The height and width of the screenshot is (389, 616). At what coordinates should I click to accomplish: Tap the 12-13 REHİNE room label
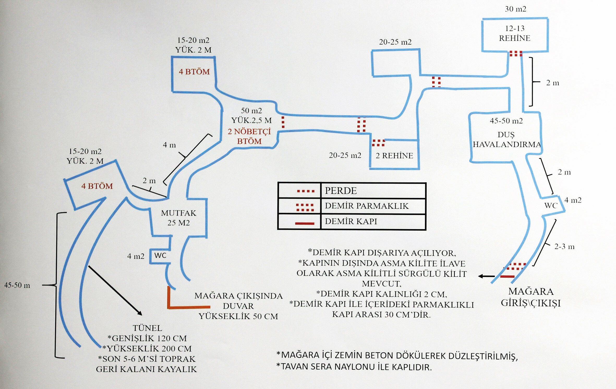tap(515, 33)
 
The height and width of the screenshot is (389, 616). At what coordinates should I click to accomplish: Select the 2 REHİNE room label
tap(394, 155)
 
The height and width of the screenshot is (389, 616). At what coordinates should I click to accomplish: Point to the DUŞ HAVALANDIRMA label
tap(507, 139)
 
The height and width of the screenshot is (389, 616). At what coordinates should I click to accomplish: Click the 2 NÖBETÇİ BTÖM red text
tap(249, 136)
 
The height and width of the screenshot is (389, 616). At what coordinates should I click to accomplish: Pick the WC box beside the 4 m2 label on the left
tap(160, 255)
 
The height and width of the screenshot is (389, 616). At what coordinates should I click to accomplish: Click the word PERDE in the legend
tap(341, 191)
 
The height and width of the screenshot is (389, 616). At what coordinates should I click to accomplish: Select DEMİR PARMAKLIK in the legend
tap(366, 206)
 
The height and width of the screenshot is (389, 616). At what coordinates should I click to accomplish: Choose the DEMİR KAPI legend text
tap(351, 221)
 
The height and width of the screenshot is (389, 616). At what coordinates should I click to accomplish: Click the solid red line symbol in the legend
tap(305, 223)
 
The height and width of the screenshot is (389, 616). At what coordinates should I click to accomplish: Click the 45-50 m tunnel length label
tap(17, 285)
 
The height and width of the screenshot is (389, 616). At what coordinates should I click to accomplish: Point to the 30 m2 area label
tap(516, 9)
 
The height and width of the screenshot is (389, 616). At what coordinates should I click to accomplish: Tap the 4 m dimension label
tap(169, 145)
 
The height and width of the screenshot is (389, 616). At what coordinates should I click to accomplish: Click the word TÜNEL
tap(147, 328)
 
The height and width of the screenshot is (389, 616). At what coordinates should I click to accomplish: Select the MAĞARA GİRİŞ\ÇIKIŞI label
tap(531, 297)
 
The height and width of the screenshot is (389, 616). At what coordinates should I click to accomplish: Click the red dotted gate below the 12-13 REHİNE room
tap(516, 53)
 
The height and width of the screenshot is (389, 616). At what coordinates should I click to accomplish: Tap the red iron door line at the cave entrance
tap(507, 277)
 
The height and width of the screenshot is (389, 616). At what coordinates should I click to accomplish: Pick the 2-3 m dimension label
tap(564, 247)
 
